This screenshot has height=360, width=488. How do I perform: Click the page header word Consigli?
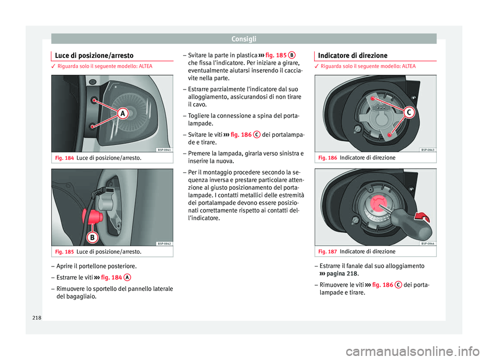[243, 38]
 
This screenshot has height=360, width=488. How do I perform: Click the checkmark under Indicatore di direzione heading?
[317, 66]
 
